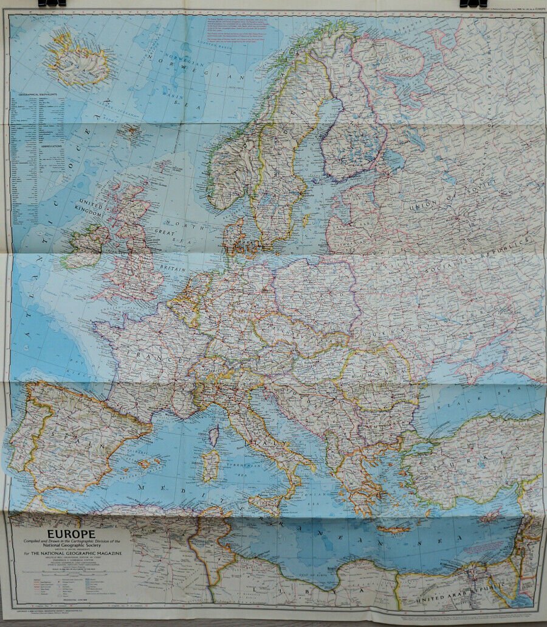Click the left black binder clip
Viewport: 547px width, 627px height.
click(x=52, y=3)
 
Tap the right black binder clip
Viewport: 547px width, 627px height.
click(x=473, y=3)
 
